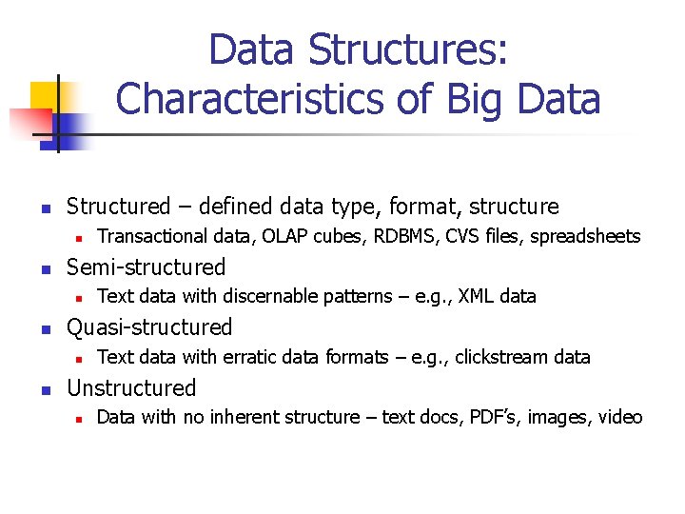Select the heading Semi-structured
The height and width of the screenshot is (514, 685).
coord(146,267)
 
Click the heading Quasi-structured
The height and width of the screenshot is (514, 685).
coord(148,327)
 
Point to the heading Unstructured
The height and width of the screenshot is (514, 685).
coord(130,387)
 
